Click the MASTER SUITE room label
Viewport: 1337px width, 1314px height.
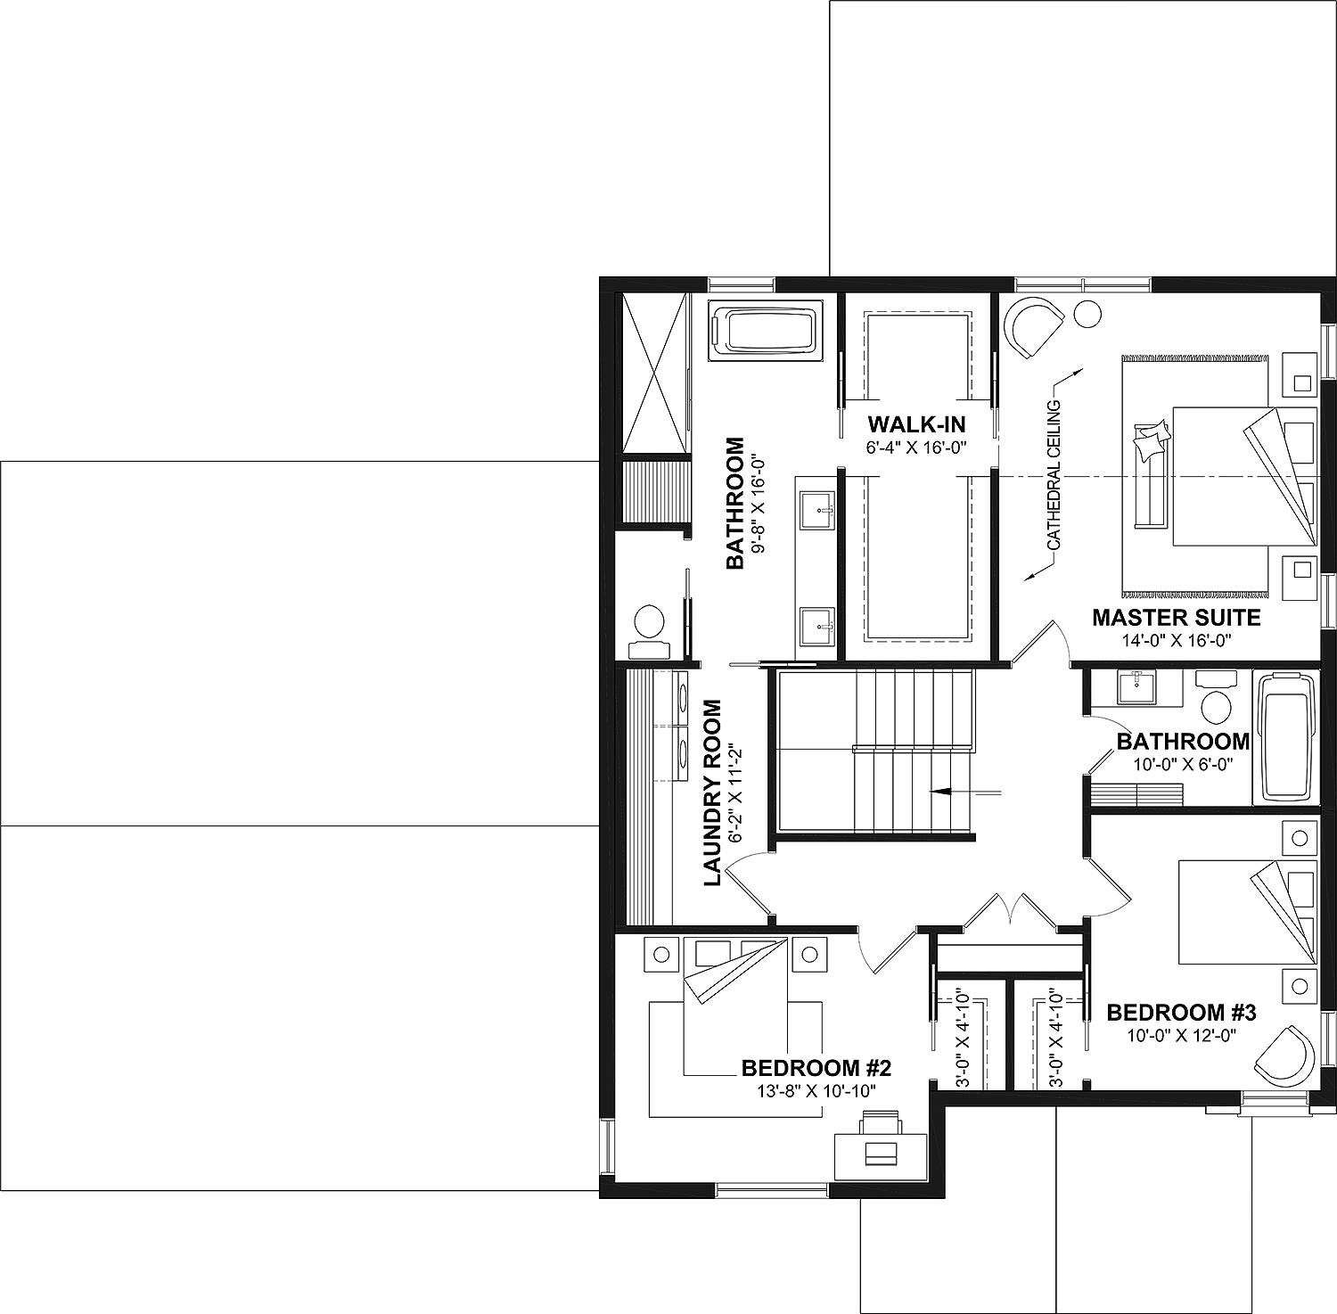point(1176,617)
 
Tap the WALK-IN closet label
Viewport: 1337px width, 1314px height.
point(916,423)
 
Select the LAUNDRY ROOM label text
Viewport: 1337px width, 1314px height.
point(712,793)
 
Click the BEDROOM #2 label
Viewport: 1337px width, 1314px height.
point(816,1067)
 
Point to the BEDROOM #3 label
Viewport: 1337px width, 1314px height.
point(1181,1013)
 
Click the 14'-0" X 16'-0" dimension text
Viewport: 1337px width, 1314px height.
point(1176,640)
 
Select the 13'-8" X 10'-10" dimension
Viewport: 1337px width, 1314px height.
point(816,1090)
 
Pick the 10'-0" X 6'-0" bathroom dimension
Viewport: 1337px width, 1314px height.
point(1182,764)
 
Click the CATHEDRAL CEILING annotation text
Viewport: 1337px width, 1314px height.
point(1054,473)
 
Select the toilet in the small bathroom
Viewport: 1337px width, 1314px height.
point(1213,700)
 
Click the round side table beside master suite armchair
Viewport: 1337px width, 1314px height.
point(1087,314)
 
